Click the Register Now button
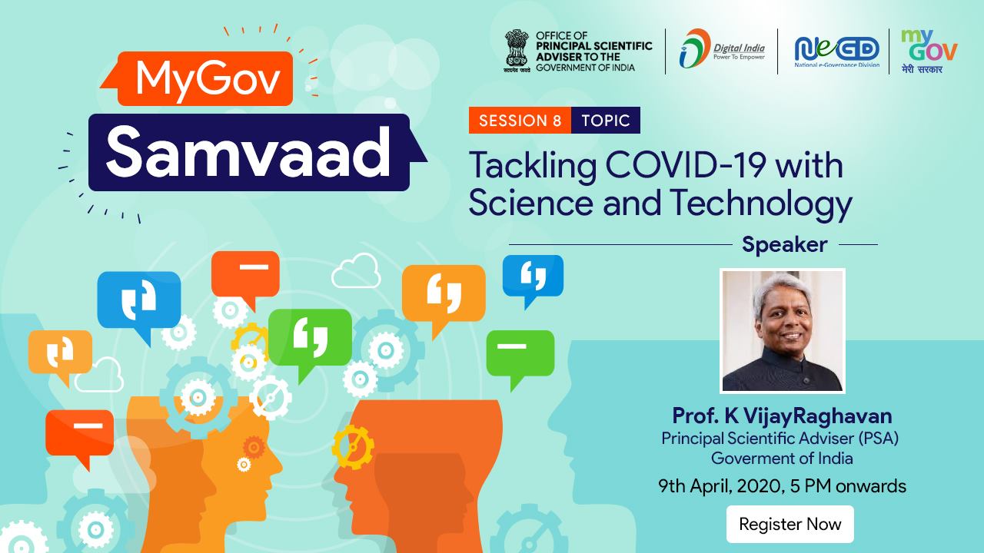790,524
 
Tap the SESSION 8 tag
520,121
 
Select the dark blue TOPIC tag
606,121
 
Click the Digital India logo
722,49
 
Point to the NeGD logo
837,51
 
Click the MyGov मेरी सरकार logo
929,51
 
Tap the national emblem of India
517,51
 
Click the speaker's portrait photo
783,330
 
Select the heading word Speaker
785,244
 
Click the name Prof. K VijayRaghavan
782,416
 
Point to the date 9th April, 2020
720,486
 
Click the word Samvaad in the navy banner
248,151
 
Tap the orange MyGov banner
198,78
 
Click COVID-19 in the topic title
685,166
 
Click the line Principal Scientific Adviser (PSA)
780,438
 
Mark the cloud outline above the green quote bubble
356,271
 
